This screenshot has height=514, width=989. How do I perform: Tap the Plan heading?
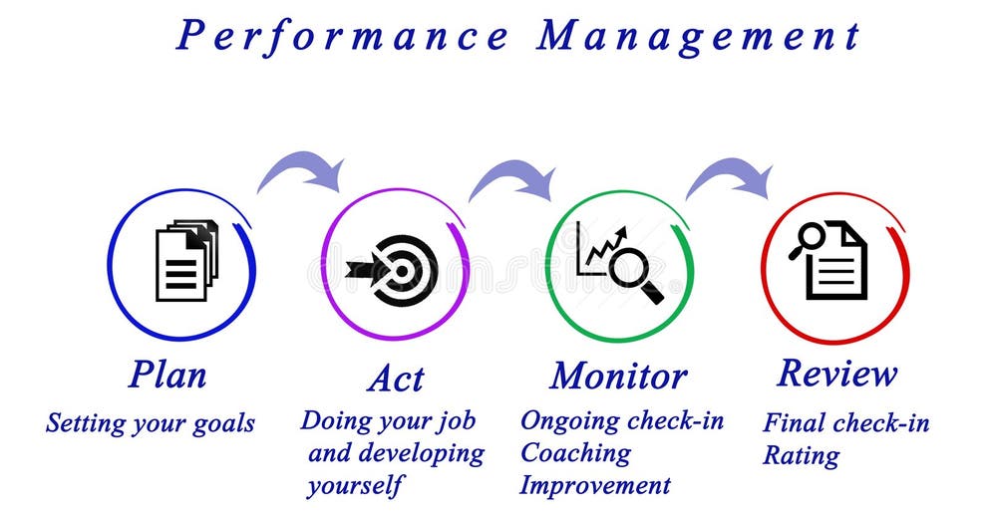pyautogui.click(x=167, y=375)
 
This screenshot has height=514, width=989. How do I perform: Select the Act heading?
pyautogui.click(x=395, y=379)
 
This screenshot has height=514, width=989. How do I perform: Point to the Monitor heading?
pyautogui.click(x=618, y=376)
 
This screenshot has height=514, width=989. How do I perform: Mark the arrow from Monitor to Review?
pyautogui.click(x=730, y=176)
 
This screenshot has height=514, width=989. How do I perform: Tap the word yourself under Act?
pyautogui.click(x=356, y=485)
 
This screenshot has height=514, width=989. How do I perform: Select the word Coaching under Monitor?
pyautogui.click(x=575, y=452)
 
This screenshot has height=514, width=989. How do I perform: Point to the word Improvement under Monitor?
pyautogui.click(x=595, y=485)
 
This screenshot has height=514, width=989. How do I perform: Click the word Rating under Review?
pyautogui.click(x=801, y=455)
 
